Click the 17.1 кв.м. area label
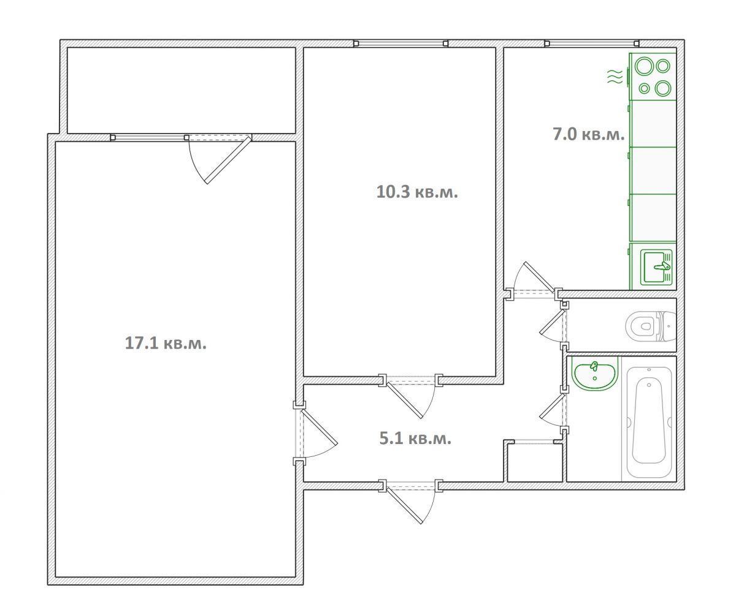[x=166, y=343]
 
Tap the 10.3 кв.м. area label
[x=417, y=192]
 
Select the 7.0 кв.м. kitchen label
[x=589, y=135]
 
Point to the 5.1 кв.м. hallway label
[x=415, y=439]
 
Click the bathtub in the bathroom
[x=648, y=422]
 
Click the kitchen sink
[x=657, y=266]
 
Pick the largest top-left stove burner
[x=645, y=67]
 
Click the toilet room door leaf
[x=553, y=322]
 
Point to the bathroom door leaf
[x=553, y=406]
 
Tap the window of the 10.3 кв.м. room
[x=401, y=43]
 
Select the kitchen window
[x=592, y=43]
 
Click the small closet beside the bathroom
[x=534, y=462]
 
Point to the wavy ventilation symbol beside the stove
[x=615, y=77]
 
